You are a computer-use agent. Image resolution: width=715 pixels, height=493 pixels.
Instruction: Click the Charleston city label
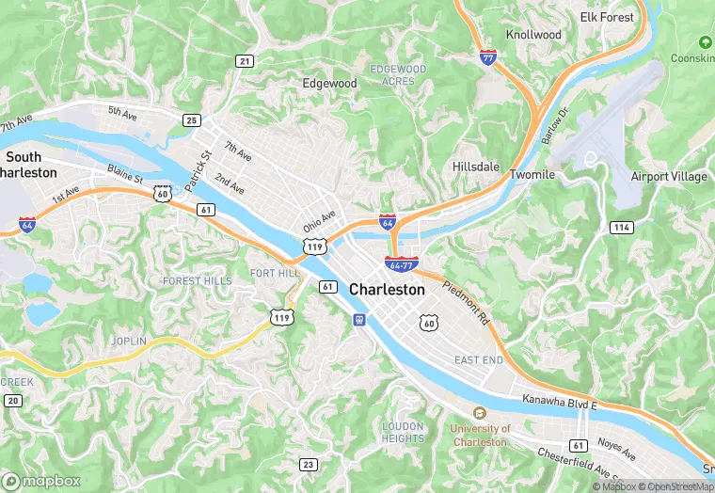(387, 290)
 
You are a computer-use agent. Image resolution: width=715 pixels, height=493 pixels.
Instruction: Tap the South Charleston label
(27, 165)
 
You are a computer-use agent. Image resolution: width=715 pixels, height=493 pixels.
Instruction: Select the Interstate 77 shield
(487, 57)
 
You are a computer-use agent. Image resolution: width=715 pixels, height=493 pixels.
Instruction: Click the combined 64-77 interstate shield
(402, 265)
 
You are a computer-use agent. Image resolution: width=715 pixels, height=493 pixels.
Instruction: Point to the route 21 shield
(245, 61)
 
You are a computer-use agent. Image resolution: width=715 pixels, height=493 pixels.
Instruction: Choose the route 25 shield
(192, 119)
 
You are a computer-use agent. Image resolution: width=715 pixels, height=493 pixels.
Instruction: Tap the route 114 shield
(621, 228)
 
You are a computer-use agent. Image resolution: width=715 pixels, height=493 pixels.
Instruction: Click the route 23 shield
(308, 464)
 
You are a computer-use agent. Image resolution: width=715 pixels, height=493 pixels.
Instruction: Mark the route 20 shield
(13, 401)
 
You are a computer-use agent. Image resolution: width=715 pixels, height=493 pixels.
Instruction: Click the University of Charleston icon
(480, 412)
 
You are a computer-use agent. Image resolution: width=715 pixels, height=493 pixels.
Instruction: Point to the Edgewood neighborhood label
(329, 83)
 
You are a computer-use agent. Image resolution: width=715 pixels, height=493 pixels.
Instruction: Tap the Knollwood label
(533, 35)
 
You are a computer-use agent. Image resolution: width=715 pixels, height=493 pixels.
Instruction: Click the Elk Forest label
(607, 17)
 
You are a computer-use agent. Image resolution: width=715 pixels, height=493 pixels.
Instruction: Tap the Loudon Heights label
(404, 432)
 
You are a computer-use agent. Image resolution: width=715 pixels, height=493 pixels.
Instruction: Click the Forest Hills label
(196, 280)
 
